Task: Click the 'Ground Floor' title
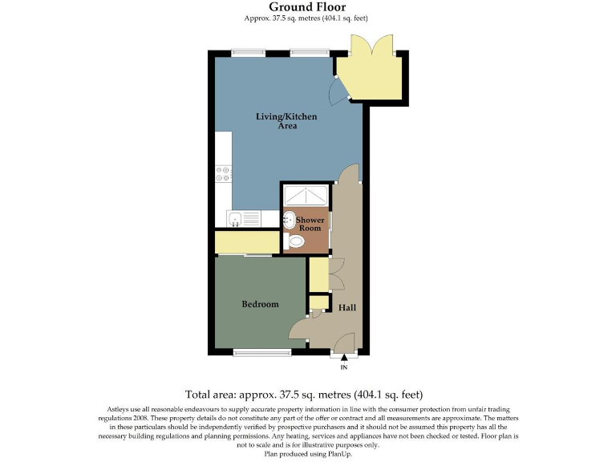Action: (x=307, y=7)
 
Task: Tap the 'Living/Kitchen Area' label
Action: (x=286, y=121)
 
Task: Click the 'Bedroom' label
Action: (x=260, y=304)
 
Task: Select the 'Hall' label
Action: (x=347, y=308)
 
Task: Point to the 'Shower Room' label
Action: (x=309, y=224)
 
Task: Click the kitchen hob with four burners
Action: (x=223, y=174)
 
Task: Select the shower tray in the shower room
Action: (x=305, y=196)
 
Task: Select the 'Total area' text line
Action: (x=303, y=395)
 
